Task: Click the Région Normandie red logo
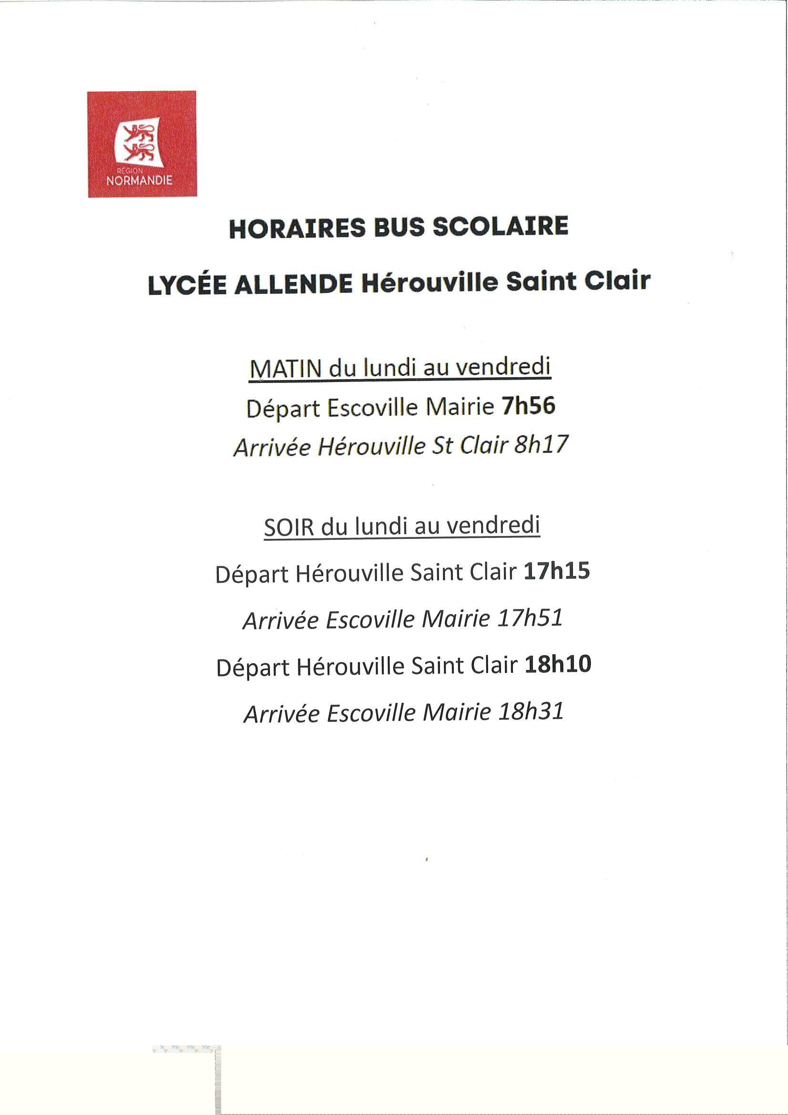[x=142, y=144]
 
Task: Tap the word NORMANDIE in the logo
[x=139, y=181]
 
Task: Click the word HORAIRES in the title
[x=297, y=228]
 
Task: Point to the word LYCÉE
[x=187, y=285]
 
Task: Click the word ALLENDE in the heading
[x=293, y=284]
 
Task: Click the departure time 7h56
[x=528, y=406]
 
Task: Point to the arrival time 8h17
[x=541, y=444]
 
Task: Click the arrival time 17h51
[x=530, y=618]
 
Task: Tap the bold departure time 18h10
[x=558, y=664]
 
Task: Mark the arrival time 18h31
[x=531, y=712]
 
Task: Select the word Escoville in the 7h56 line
[x=372, y=407]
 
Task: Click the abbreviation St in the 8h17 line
[x=442, y=445]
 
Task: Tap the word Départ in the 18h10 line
[x=253, y=668]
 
